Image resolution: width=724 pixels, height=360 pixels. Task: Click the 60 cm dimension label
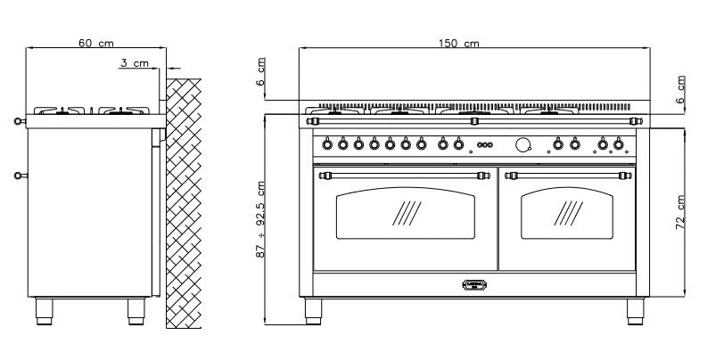pyautogui.click(x=95, y=43)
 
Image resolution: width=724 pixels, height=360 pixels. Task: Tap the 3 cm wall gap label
pyautogui.click(x=135, y=62)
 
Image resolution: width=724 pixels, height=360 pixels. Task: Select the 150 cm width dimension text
pyautogui.click(x=459, y=44)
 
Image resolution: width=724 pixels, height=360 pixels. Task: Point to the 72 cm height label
pyautogui.click(x=680, y=212)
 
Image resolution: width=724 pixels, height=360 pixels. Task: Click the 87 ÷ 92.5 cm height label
pyautogui.click(x=261, y=219)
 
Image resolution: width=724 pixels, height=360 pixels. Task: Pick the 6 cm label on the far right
pyautogui.click(x=680, y=89)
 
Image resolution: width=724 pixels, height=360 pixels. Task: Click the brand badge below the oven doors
pyautogui.click(x=474, y=285)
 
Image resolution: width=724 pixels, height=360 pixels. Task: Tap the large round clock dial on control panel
pyautogui.click(x=522, y=144)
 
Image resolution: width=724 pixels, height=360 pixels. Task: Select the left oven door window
pyautogui.click(x=406, y=213)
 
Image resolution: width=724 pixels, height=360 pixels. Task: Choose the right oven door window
pyautogui.click(x=567, y=213)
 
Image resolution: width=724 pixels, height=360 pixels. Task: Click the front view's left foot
pyautogui.click(x=313, y=311)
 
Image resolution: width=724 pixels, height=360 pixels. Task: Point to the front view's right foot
pyautogui.click(x=636, y=311)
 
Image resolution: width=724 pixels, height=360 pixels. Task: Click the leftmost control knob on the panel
pyautogui.click(x=327, y=144)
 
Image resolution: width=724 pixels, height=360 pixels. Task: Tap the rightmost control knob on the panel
pyautogui.click(x=618, y=144)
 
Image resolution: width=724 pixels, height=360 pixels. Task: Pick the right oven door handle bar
pyautogui.click(x=568, y=176)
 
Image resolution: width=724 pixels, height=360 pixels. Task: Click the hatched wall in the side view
pyautogui.click(x=184, y=203)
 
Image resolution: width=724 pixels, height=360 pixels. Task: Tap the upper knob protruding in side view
pyautogui.click(x=20, y=121)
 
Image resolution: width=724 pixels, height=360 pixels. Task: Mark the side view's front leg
pyautogui.click(x=45, y=311)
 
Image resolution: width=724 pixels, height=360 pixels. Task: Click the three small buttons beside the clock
pyautogui.click(x=485, y=144)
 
